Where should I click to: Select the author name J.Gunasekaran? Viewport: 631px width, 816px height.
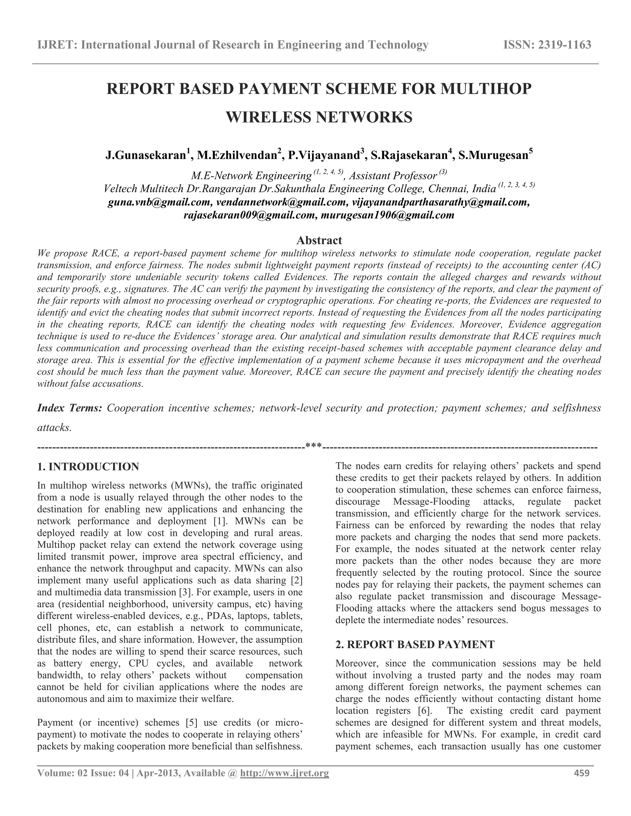pyautogui.click(x=145, y=156)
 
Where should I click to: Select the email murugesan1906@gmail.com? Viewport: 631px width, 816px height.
pyautogui.click(x=388, y=216)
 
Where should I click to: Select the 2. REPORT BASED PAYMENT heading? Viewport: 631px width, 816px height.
pyautogui.click(x=415, y=644)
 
